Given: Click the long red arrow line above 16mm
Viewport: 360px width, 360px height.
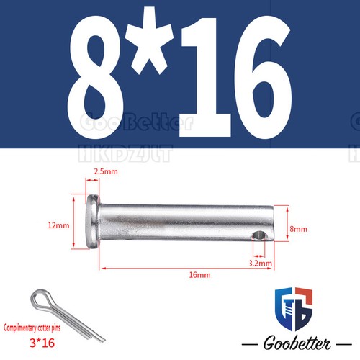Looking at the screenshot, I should (x=186, y=267).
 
